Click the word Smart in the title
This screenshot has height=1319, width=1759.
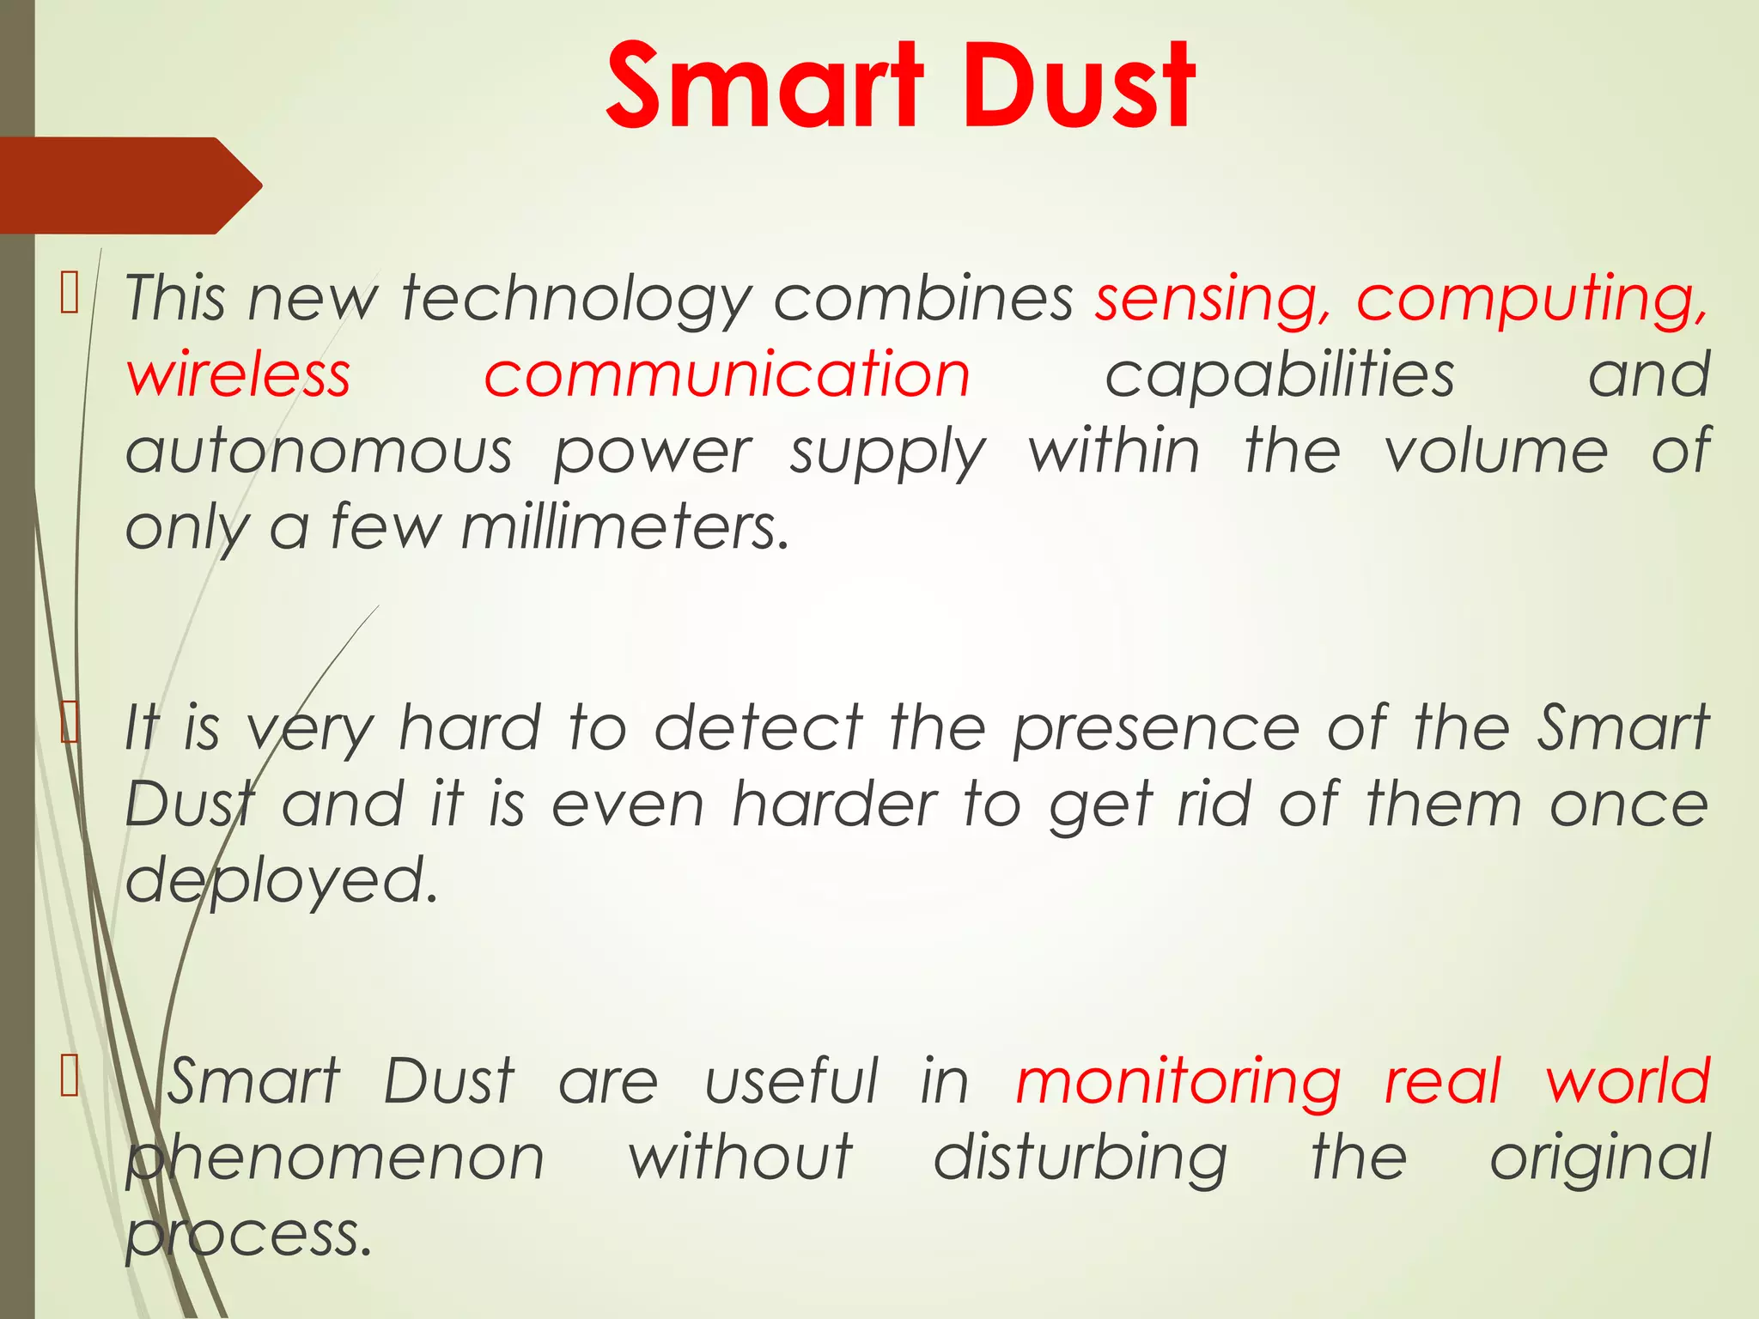[x=764, y=86]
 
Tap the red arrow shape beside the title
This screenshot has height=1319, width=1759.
[x=129, y=185]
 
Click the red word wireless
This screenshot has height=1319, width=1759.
[x=239, y=375]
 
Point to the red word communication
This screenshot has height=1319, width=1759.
[x=727, y=375]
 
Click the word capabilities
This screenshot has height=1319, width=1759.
[x=1280, y=375]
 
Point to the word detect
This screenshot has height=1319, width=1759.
[x=758, y=728]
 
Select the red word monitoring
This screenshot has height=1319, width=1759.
[x=1178, y=1082]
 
